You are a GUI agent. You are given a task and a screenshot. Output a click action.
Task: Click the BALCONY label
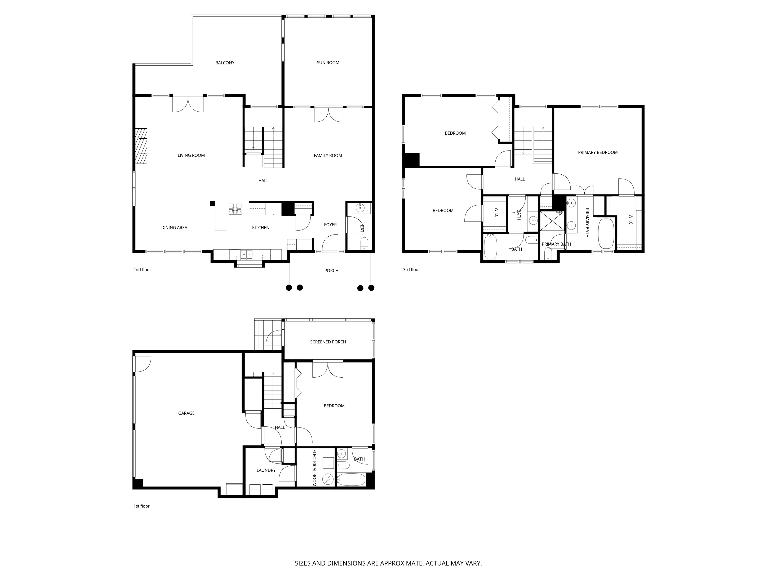(225, 63)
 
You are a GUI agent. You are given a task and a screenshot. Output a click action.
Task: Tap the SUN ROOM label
(328, 63)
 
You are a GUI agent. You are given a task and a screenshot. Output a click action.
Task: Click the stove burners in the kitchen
(235, 209)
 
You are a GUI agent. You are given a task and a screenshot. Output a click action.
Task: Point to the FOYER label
(330, 224)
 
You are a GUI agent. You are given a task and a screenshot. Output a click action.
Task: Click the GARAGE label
(186, 413)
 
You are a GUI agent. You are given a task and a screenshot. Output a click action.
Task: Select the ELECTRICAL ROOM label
(314, 468)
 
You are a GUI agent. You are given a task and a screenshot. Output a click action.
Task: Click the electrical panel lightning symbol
(328, 479)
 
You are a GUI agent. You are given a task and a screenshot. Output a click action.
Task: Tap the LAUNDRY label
(266, 470)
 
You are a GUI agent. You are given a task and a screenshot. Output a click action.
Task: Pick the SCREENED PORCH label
(328, 342)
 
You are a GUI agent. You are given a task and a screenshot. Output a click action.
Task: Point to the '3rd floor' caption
(411, 270)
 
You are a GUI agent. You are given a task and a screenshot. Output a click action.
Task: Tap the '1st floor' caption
(141, 506)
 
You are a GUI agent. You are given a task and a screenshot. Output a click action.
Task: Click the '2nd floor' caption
(142, 270)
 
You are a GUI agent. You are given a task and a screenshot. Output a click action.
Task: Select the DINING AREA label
(174, 228)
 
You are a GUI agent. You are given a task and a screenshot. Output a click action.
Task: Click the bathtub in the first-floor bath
(351, 480)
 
